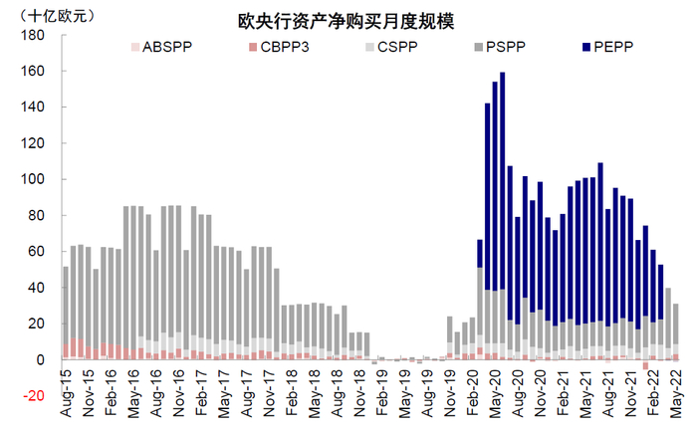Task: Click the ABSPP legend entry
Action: point(158,47)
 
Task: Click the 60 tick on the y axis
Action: point(36,251)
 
